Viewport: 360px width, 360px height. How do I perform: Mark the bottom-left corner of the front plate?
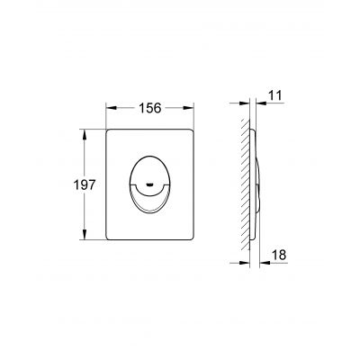coord(109,238)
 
